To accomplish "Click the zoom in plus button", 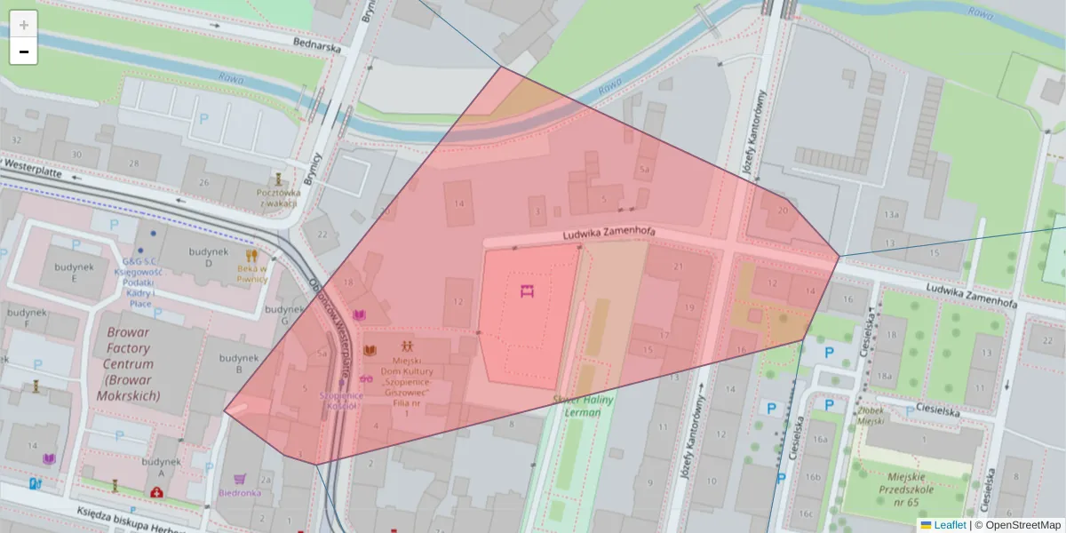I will (x=24, y=25).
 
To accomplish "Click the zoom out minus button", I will (x=24, y=52).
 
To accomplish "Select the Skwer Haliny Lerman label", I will (x=577, y=406).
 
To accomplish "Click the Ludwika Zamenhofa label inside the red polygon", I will (x=609, y=234).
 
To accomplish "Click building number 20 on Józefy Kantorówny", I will (x=782, y=211).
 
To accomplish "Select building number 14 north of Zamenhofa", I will (x=458, y=203).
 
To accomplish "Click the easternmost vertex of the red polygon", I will (x=839, y=257).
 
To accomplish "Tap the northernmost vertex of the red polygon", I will (x=502, y=67).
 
